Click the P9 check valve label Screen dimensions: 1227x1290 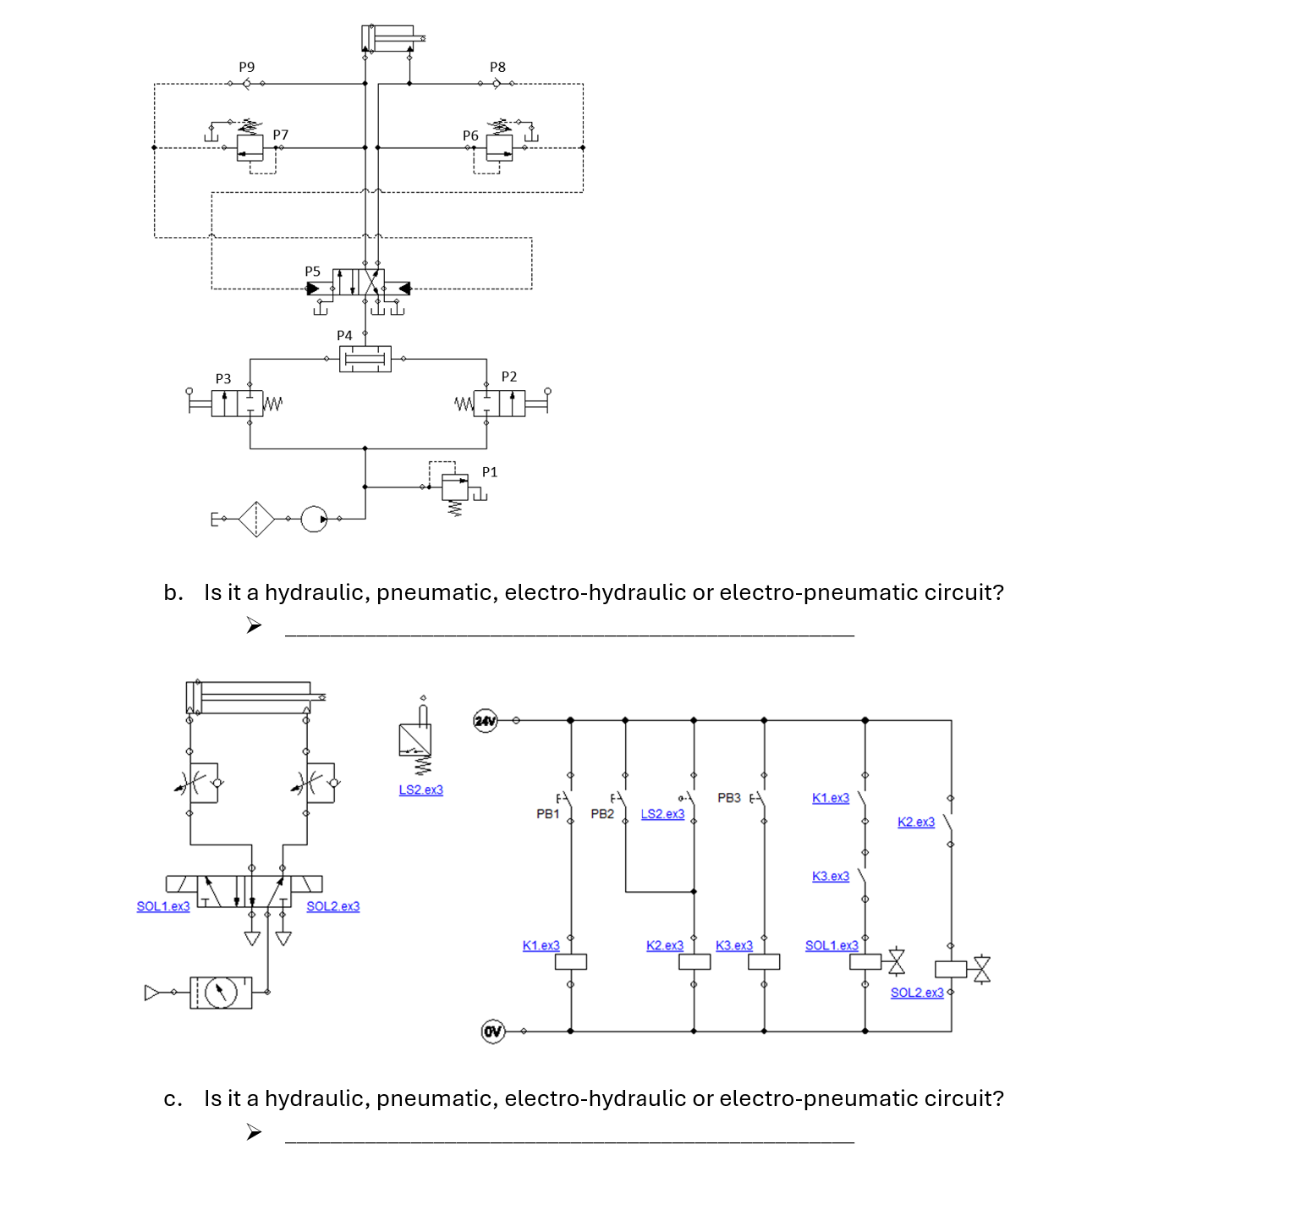(246, 67)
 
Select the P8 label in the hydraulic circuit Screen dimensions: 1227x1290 (497, 67)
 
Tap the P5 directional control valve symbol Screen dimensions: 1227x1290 (359, 283)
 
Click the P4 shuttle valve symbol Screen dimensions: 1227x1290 (365, 359)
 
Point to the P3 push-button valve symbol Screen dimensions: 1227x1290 (236, 403)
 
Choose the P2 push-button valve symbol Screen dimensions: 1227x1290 (500, 403)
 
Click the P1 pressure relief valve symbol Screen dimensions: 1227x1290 (455, 487)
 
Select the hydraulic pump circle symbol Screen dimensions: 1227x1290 (314, 519)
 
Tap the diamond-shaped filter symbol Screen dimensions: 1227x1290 (256, 519)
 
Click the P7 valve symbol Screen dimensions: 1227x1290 (250, 148)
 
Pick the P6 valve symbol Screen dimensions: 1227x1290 (499, 148)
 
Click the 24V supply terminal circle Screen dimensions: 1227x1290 (485, 720)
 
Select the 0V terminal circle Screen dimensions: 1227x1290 (492, 1032)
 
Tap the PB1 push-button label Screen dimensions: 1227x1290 (547, 814)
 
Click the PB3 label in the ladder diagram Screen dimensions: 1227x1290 (728, 798)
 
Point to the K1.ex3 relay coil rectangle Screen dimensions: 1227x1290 (571, 962)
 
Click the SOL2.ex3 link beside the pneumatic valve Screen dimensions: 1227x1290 (332, 906)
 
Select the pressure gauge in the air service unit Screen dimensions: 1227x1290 (222, 992)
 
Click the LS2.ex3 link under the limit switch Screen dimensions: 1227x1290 (420, 790)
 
